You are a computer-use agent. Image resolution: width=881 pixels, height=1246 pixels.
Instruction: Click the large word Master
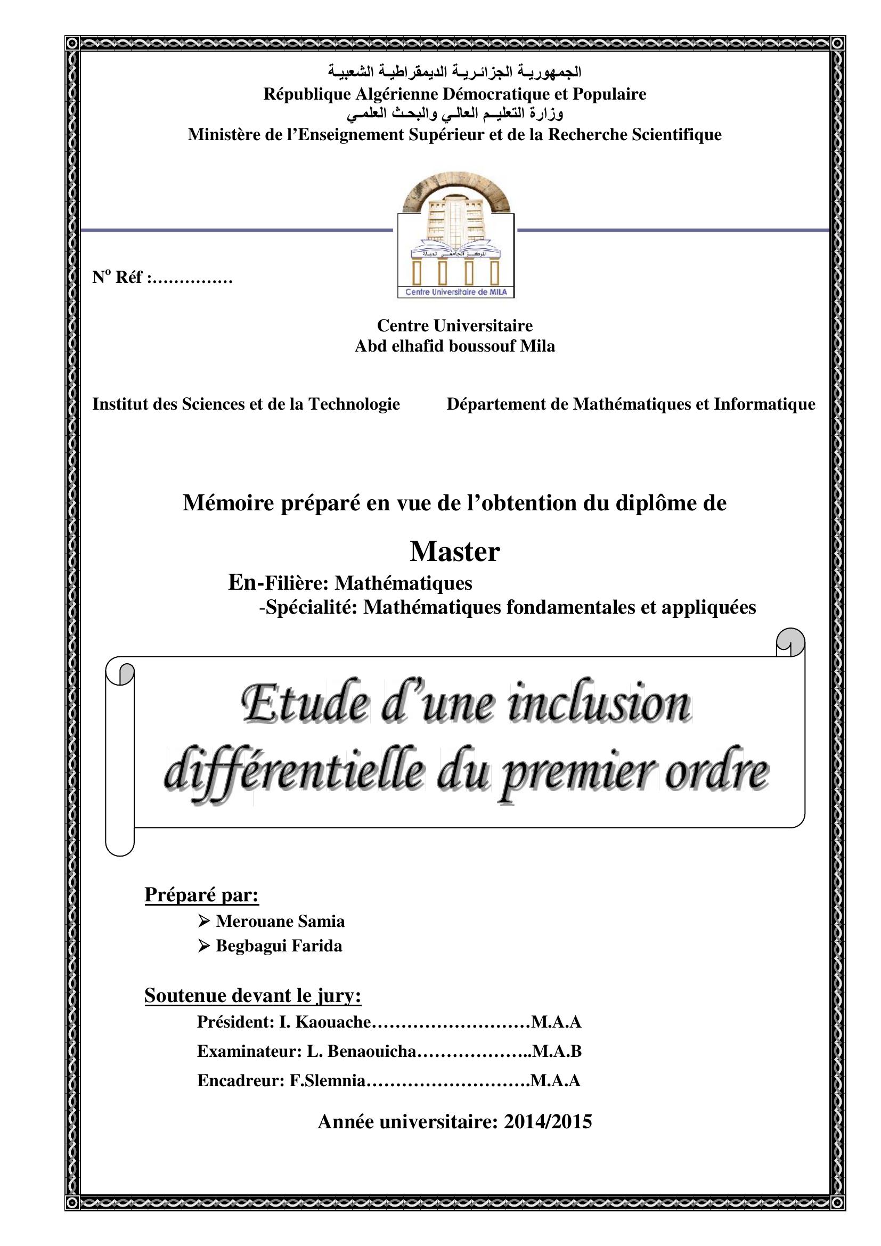(454, 552)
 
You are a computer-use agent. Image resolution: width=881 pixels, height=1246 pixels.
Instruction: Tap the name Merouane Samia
(280, 921)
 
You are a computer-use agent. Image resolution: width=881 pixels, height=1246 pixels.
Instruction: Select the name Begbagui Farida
(279, 946)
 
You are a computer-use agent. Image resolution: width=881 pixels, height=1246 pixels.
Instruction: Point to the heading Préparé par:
(201, 894)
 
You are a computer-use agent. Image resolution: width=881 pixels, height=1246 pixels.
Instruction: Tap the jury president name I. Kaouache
(324, 1022)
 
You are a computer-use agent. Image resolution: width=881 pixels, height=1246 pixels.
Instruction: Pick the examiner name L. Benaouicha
(361, 1051)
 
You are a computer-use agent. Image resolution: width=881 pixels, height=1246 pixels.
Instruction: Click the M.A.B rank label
(557, 1051)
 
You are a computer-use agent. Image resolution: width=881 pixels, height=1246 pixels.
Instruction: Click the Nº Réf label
(125, 278)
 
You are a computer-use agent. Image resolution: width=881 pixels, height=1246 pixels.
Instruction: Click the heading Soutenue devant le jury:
(253, 995)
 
